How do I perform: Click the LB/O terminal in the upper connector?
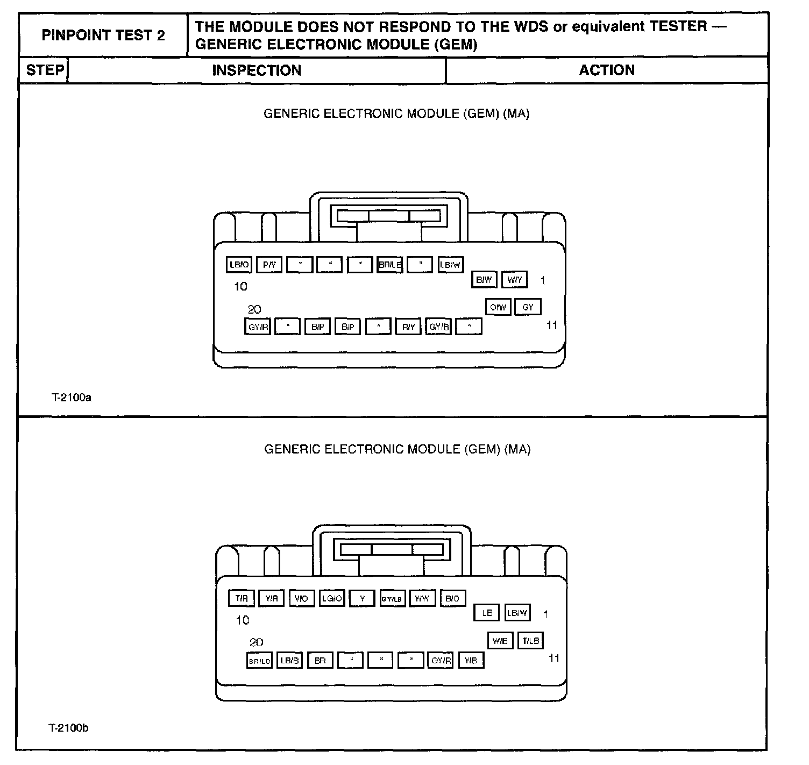click(239, 265)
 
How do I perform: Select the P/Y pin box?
click(269, 265)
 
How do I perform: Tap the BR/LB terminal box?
click(390, 265)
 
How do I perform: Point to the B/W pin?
click(484, 280)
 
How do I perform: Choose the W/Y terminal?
click(515, 280)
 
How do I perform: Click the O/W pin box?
click(498, 307)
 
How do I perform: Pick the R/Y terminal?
click(408, 327)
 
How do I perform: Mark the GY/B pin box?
click(438, 327)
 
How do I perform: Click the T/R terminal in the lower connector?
click(241, 598)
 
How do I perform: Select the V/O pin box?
click(301, 598)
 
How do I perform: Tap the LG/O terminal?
click(331, 598)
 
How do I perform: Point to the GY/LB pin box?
click(392, 599)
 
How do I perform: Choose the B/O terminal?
click(452, 598)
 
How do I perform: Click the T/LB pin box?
click(530, 641)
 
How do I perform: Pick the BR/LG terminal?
click(259, 661)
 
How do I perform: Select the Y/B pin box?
click(471, 660)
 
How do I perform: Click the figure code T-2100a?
click(71, 398)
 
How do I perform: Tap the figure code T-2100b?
click(69, 728)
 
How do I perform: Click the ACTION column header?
click(607, 70)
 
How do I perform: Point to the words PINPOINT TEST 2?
click(103, 36)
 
